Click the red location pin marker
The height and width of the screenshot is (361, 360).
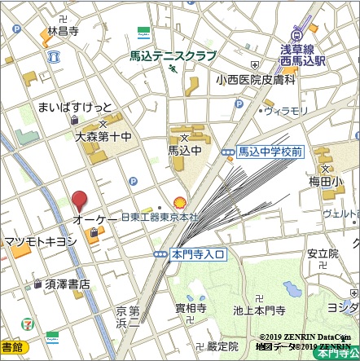point(79,200)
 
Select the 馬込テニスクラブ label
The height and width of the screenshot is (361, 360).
point(173,56)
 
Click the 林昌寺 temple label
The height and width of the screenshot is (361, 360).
point(63,32)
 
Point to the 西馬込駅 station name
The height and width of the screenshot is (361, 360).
point(309,60)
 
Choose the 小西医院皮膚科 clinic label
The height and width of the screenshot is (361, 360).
point(256,80)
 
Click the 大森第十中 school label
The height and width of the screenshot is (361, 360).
point(103,138)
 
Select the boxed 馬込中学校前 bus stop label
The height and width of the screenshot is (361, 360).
point(270,152)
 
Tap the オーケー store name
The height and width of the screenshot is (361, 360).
point(95,221)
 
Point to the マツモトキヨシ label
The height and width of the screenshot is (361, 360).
point(41,241)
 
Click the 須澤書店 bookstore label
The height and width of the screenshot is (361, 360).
point(68,284)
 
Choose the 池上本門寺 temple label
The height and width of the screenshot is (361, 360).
point(258,310)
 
